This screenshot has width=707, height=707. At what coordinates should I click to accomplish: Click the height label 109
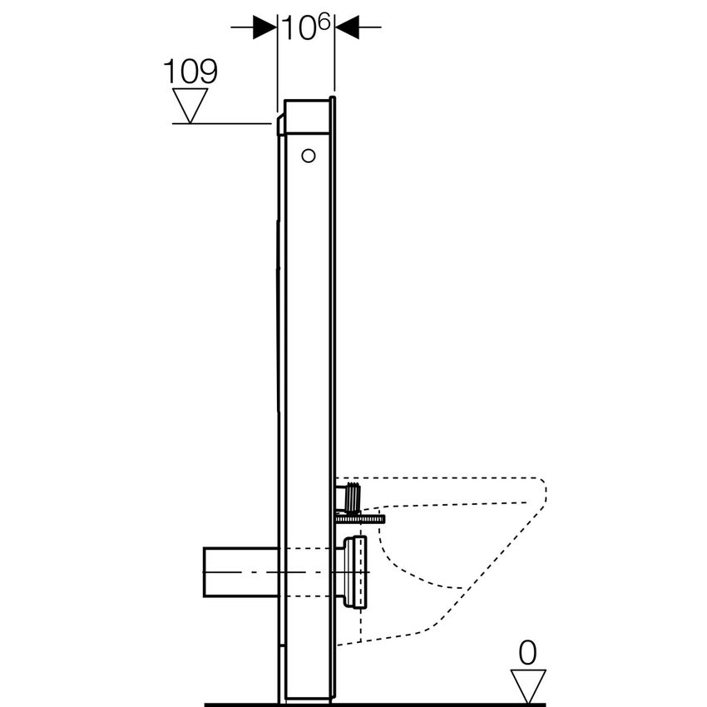click(x=190, y=72)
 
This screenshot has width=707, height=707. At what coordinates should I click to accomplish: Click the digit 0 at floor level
click(x=527, y=654)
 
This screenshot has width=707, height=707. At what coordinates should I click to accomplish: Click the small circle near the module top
click(x=309, y=155)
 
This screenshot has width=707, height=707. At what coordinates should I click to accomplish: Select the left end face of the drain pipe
click(x=205, y=571)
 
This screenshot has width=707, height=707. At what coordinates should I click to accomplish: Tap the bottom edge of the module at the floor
click(x=308, y=697)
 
